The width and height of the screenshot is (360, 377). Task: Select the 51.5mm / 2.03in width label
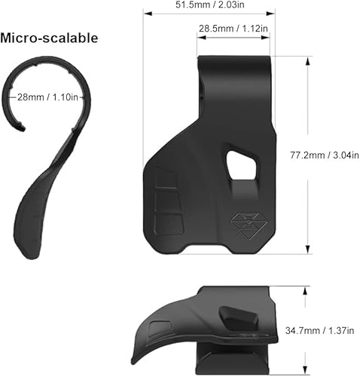pyautogui.click(x=209, y=5)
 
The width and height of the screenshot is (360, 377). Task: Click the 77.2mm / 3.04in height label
pyautogui.click(x=324, y=155)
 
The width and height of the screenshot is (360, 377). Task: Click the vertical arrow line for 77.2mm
pyautogui.click(x=307, y=155)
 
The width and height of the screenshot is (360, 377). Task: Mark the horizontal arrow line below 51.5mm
pyautogui.click(x=209, y=14)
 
